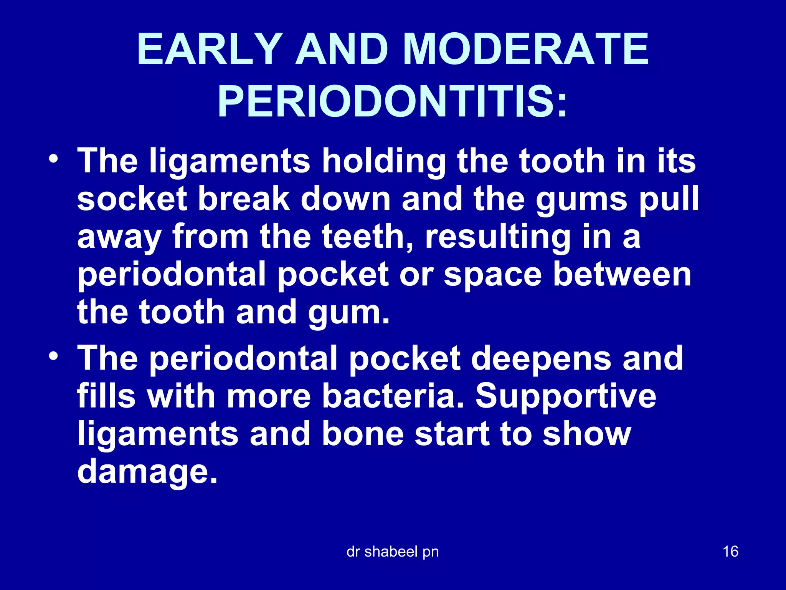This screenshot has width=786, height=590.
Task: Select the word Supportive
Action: point(566,397)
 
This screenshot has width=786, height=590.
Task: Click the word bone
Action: point(363,434)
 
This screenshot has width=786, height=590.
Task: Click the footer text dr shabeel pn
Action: point(392,552)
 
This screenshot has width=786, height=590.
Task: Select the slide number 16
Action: point(730,551)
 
